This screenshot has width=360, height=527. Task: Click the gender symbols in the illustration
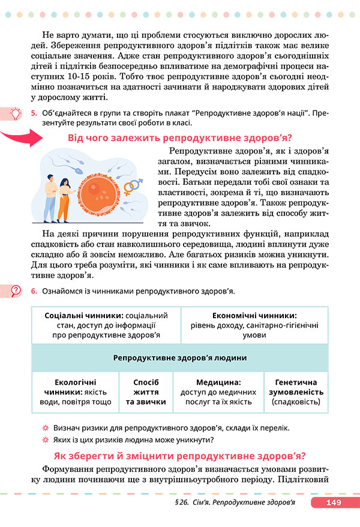tap(133, 185)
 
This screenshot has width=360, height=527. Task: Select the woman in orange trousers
tap(65, 197)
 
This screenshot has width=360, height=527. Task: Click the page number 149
tap(332, 503)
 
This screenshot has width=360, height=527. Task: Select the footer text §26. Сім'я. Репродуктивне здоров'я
tap(235, 503)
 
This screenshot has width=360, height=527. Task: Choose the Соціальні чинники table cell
tap(106, 325)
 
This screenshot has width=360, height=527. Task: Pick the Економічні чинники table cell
tap(254, 325)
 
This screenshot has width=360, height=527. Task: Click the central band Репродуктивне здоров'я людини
tap(179, 358)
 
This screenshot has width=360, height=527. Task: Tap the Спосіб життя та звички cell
tap(146, 392)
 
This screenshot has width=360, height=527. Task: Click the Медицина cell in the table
tap(218, 392)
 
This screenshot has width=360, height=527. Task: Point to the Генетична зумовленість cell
tap(296, 392)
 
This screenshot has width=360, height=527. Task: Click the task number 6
tap(35, 291)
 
